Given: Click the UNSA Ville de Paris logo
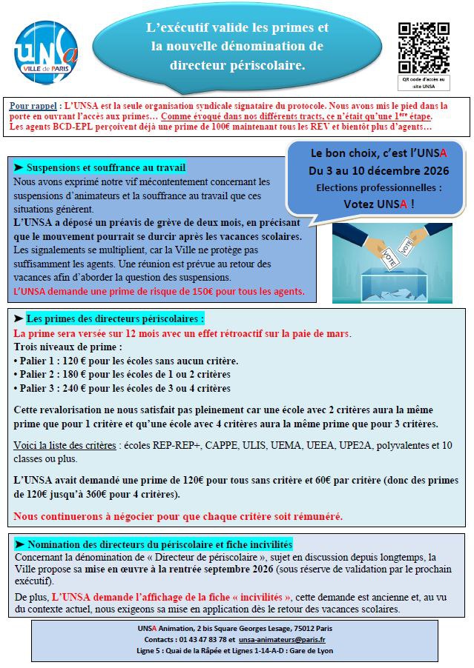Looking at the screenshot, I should [x=46, y=49].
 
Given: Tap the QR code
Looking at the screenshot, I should [x=422, y=46].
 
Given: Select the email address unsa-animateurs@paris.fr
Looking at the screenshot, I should [x=283, y=639].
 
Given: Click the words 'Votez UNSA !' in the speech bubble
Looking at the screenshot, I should [x=379, y=203].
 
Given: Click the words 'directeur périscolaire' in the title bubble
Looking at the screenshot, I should [x=237, y=65].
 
